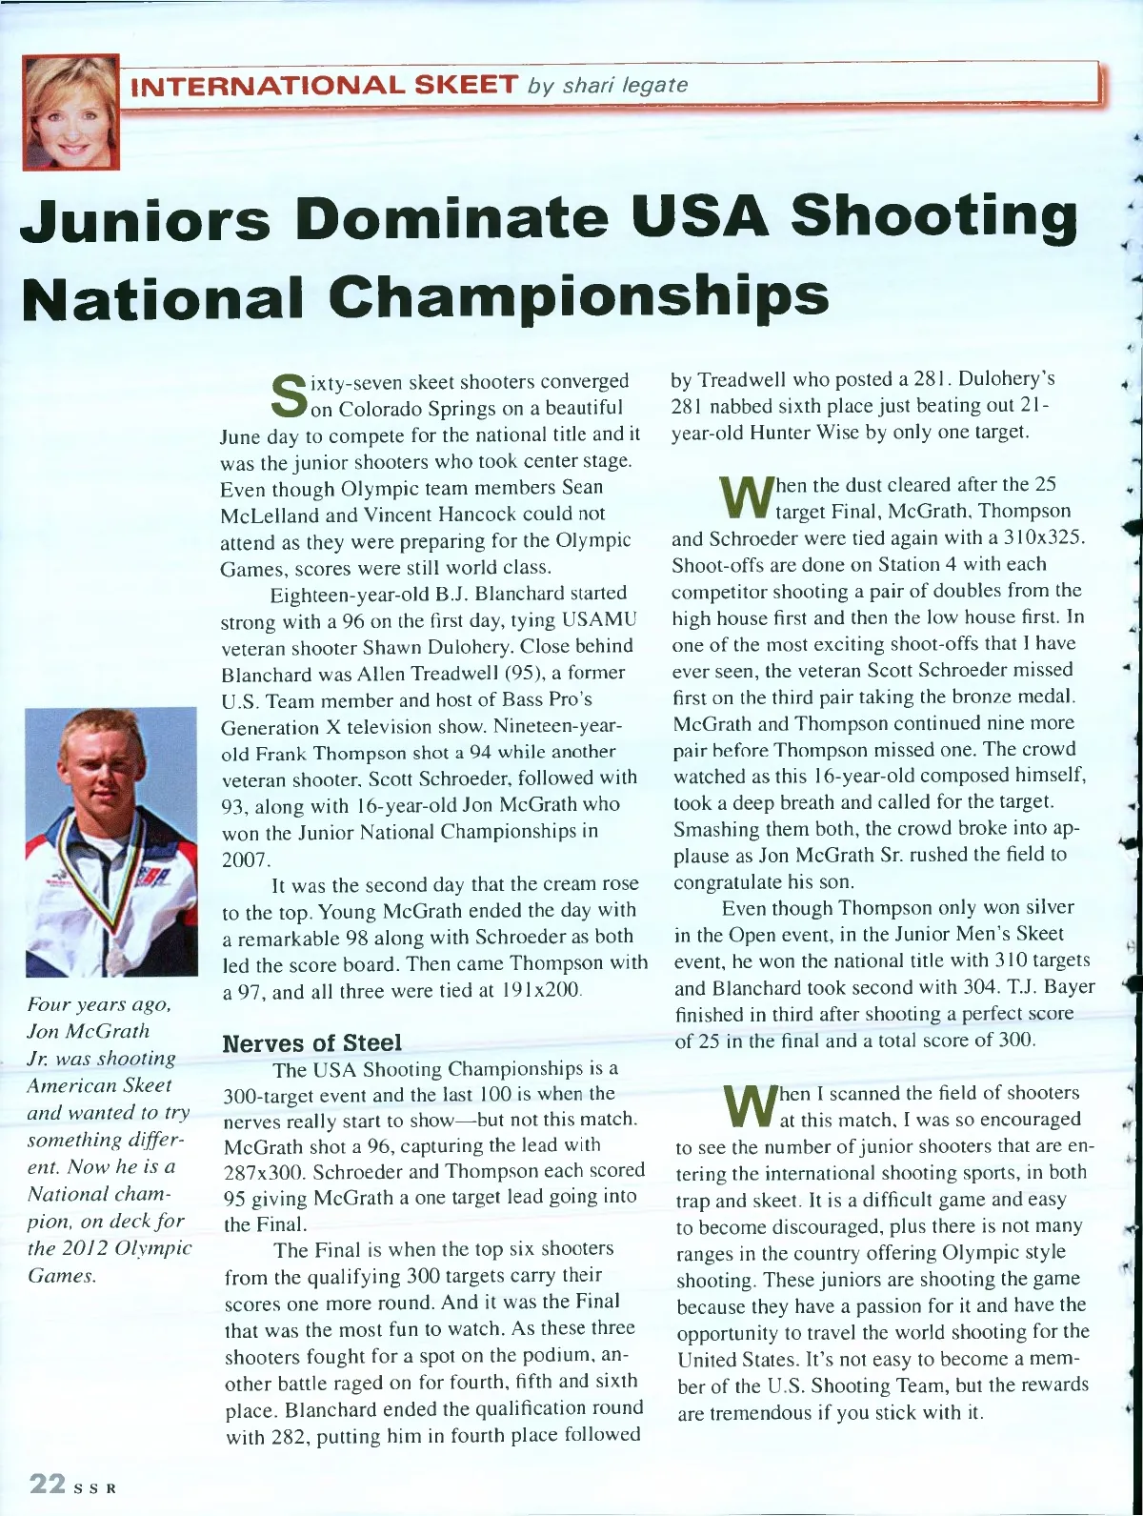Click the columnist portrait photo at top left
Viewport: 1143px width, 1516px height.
[x=72, y=111]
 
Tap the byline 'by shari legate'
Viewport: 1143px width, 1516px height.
[x=609, y=86]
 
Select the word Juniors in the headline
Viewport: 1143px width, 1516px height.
[x=145, y=218]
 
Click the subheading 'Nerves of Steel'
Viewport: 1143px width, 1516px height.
[x=311, y=1042]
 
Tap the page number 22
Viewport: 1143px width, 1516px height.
[x=47, y=1484]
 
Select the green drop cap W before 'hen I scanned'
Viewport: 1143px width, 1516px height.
[x=748, y=1106]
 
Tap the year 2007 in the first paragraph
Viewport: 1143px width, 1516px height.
[x=245, y=859]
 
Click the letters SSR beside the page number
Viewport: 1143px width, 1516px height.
[x=95, y=1488]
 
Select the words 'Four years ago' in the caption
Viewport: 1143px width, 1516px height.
[x=99, y=1004]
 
